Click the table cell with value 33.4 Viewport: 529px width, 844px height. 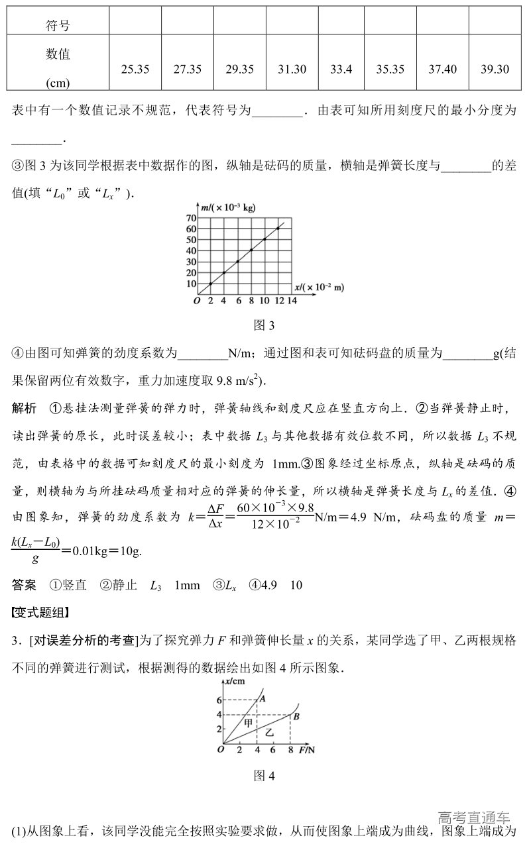pyautogui.click(x=341, y=69)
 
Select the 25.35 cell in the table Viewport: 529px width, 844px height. pyautogui.click(x=135, y=69)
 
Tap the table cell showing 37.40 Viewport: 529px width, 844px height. pyautogui.click(x=443, y=69)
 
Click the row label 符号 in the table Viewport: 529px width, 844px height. pyautogui.click(x=58, y=26)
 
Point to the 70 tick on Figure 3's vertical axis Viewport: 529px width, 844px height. pyautogui.click(x=192, y=218)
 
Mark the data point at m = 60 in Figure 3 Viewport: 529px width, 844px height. pyautogui.click(x=278, y=228)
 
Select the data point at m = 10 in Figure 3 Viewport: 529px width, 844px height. pyautogui.click(x=211, y=284)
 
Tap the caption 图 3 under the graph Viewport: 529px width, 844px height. pyautogui.click(x=264, y=325)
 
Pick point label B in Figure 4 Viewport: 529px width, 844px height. pyautogui.click(x=296, y=716)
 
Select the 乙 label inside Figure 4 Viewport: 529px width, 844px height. pyautogui.click(x=269, y=733)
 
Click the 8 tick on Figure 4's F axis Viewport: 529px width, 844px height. pyautogui.click(x=290, y=750)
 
